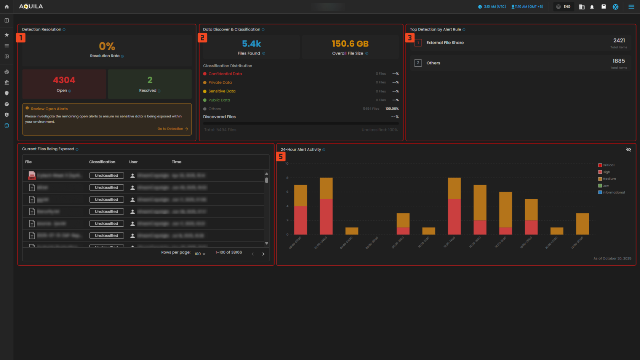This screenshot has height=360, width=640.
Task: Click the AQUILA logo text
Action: click(31, 6)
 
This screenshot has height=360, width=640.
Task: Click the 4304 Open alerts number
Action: click(64, 80)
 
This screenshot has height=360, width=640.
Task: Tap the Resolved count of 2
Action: click(150, 80)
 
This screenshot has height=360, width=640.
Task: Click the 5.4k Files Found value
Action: click(251, 44)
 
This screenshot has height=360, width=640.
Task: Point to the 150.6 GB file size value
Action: click(350, 44)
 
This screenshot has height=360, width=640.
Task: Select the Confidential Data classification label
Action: click(225, 74)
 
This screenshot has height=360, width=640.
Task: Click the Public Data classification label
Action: click(219, 100)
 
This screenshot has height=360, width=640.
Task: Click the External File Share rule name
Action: click(445, 43)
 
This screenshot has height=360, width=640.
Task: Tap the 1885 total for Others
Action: click(618, 61)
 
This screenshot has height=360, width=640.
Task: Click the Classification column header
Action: click(102, 162)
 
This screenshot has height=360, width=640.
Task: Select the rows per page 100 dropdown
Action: click(200, 254)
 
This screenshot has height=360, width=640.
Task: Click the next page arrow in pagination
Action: click(263, 254)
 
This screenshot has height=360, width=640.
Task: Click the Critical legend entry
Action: click(608, 165)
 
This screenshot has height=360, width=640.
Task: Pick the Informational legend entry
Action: click(613, 192)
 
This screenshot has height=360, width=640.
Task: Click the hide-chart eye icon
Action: click(628, 150)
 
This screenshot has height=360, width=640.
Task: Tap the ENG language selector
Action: click(564, 6)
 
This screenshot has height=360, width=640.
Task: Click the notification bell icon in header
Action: click(592, 7)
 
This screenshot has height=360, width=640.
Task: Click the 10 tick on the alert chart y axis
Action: click(287, 163)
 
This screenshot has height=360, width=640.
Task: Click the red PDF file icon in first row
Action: click(32, 175)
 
